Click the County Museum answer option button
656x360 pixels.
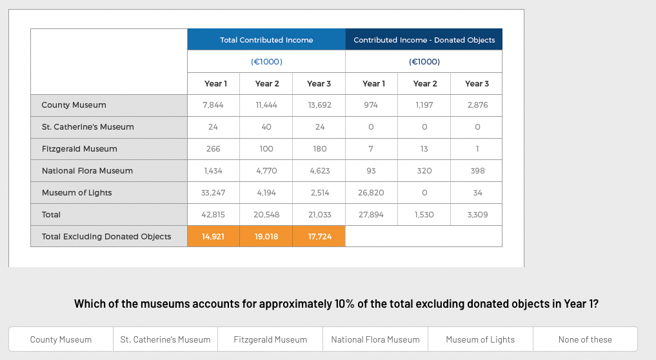pos(61,339)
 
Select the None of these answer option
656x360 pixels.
pos(585,339)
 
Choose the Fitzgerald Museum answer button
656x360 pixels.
pos(270,339)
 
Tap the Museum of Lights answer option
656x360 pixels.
pos(480,339)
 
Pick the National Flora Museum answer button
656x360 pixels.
pos(375,339)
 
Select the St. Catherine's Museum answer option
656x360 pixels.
pos(165,339)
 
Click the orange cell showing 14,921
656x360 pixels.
pos(213,237)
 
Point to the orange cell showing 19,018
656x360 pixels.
pos(266,237)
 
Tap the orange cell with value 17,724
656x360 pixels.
pos(320,237)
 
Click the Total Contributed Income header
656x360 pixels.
pos(266,40)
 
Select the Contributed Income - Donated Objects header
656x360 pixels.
pos(424,40)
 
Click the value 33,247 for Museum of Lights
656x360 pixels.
pos(213,193)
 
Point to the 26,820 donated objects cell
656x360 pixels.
pos(371,193)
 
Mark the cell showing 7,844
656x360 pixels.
pos(213,105)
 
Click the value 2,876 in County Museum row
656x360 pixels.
pos(477,105)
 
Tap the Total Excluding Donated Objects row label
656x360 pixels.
pos(106,237)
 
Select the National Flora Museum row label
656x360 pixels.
pos(87,171)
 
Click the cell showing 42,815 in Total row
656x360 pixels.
pos(213,215)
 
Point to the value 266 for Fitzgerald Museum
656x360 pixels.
pos(213,149)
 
